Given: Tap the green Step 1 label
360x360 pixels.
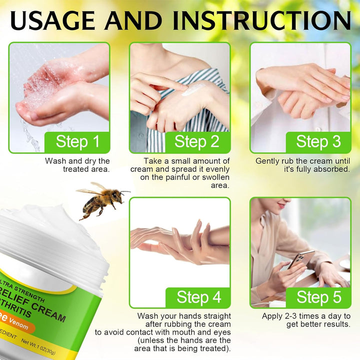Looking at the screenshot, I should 77,141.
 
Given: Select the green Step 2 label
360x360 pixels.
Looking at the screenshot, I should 197,141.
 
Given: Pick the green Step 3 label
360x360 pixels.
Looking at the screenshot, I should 318,141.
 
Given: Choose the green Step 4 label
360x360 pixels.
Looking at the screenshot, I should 198,297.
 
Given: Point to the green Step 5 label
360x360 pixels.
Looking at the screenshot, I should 318,297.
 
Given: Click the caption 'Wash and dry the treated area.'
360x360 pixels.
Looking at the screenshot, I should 77,165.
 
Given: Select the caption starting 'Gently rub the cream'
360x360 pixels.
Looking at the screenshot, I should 302,165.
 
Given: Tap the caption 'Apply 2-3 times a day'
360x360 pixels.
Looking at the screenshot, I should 306,320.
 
